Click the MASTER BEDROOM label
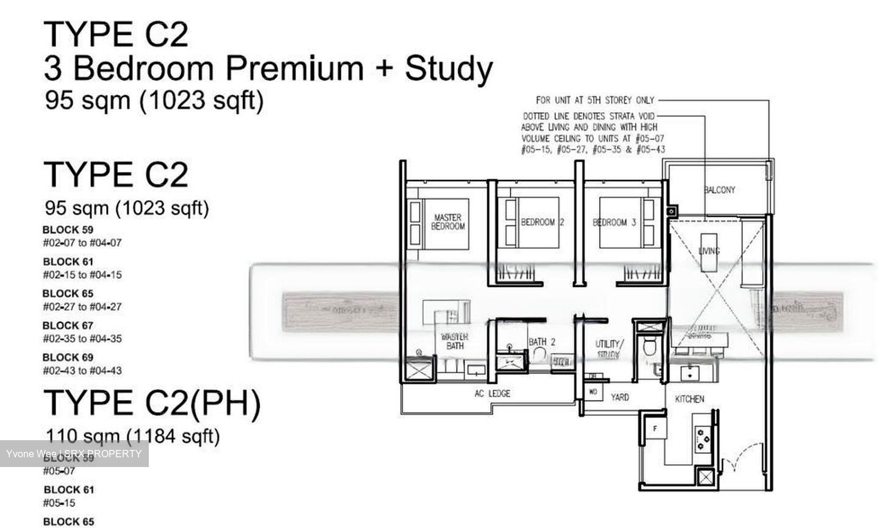[x=448, y=222]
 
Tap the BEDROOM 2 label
[x=542, y=223]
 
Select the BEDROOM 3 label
[x=615, y=223]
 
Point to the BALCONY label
[x=719, y=190]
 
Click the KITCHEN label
[x=690, y=399]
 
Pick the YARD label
[x=620, y=398]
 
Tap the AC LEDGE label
[x=492, y=394]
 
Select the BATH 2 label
[x=541, y=342]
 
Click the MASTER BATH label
[x=455, y=341]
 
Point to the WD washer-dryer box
[x=593, y=392]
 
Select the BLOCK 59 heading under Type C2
[x=68, y=230]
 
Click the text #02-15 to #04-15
[x=82, y=275]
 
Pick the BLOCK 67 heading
[x=68, y=326]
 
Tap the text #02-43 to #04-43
[x=82, y=371]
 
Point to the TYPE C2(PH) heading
[x=152, y=403]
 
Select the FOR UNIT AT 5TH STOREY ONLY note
[x=594, y=100]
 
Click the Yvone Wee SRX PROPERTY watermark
[x=74, y=454]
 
